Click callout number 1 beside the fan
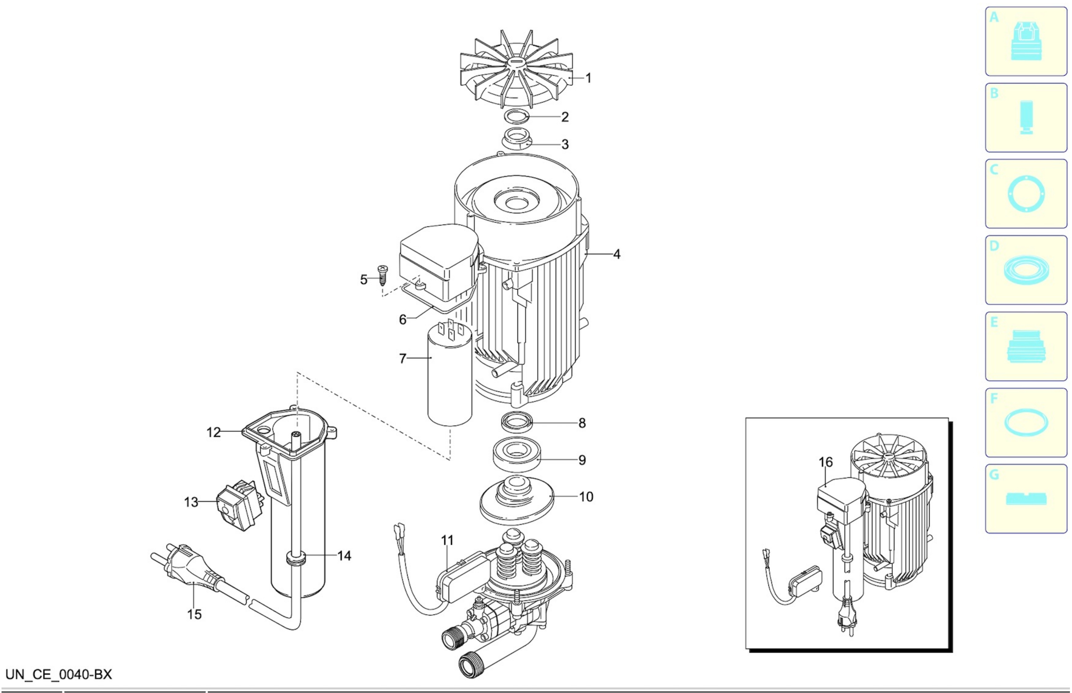pyautogui.click(x=588, y=78)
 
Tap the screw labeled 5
pyautogui.click(x=383, y=275)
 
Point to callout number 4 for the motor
pyautogui.click(x=616, y=254)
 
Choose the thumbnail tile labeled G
pyautogui.click(x=1026, y=499)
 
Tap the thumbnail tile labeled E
pyautogui.click(x=1026, y=346)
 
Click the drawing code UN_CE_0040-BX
pyautogui.click(x=59, y=674)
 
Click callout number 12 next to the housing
pyautogui.click(x=213, y=432)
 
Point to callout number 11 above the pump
pyautogui.click(x=447, y=540)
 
